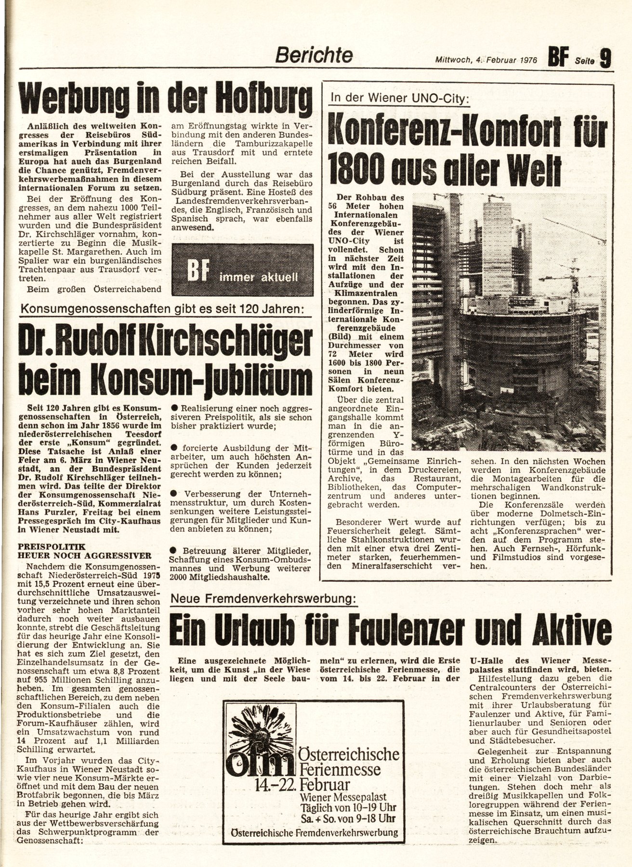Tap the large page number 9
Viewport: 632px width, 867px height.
tap(605, 59)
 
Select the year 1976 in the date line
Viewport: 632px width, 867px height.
tap(528, 60)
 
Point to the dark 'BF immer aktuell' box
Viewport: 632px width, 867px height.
tap(242, 270)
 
